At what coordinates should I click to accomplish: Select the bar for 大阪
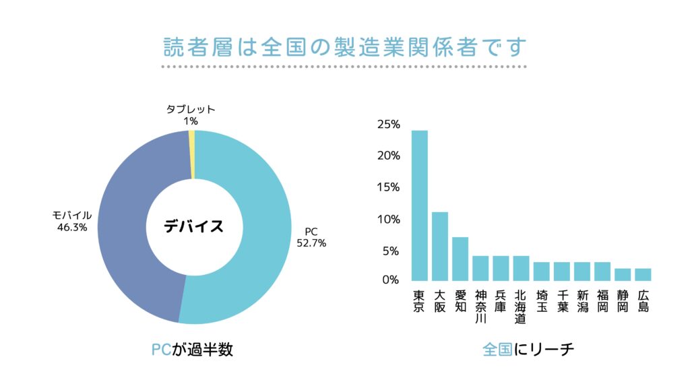point(440,247)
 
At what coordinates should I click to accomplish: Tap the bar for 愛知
point(460,259)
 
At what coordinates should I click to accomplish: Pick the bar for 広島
point(643,275)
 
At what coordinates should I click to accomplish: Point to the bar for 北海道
point(521,268)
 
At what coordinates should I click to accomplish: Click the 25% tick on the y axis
point(389,125)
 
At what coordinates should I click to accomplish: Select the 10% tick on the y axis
point(389,220)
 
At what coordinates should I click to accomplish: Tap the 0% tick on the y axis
point(391,280)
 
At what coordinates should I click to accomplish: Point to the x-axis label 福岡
point(602,301)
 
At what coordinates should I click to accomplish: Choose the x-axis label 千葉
point(562,301)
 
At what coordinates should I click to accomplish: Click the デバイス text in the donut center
point(194,226)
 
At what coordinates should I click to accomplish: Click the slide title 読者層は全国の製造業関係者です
point(344,48)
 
